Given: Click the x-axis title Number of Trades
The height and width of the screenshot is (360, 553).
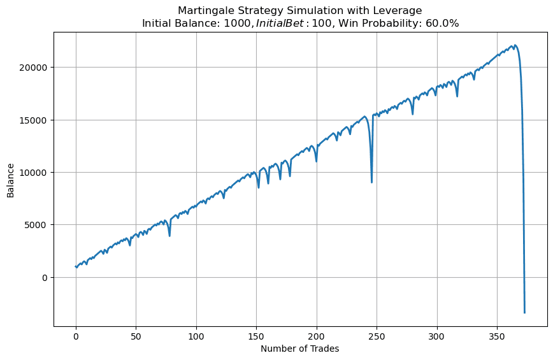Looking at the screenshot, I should coord(299,349).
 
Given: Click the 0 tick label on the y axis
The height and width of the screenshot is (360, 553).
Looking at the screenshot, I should coord(45,277).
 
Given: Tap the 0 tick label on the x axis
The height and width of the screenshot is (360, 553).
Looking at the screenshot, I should coord(76,335).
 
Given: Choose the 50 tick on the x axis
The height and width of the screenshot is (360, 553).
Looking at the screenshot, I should coord(136,335).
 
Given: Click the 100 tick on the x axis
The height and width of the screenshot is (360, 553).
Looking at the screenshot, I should coord(196,335).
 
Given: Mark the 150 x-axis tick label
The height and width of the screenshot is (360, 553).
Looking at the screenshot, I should coord(256,335).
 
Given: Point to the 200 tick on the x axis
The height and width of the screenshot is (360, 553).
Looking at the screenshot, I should coord(317,335).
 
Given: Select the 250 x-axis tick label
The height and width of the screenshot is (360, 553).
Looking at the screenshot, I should coord(377,335).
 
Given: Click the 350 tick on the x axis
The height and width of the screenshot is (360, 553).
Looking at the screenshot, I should coord(497,335).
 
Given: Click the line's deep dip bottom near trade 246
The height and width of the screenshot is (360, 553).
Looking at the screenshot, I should coord(372,182).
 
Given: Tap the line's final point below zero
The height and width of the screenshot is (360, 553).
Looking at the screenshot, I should coord(524,312).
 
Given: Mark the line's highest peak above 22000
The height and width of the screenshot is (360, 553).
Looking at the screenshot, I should coord(515,45).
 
